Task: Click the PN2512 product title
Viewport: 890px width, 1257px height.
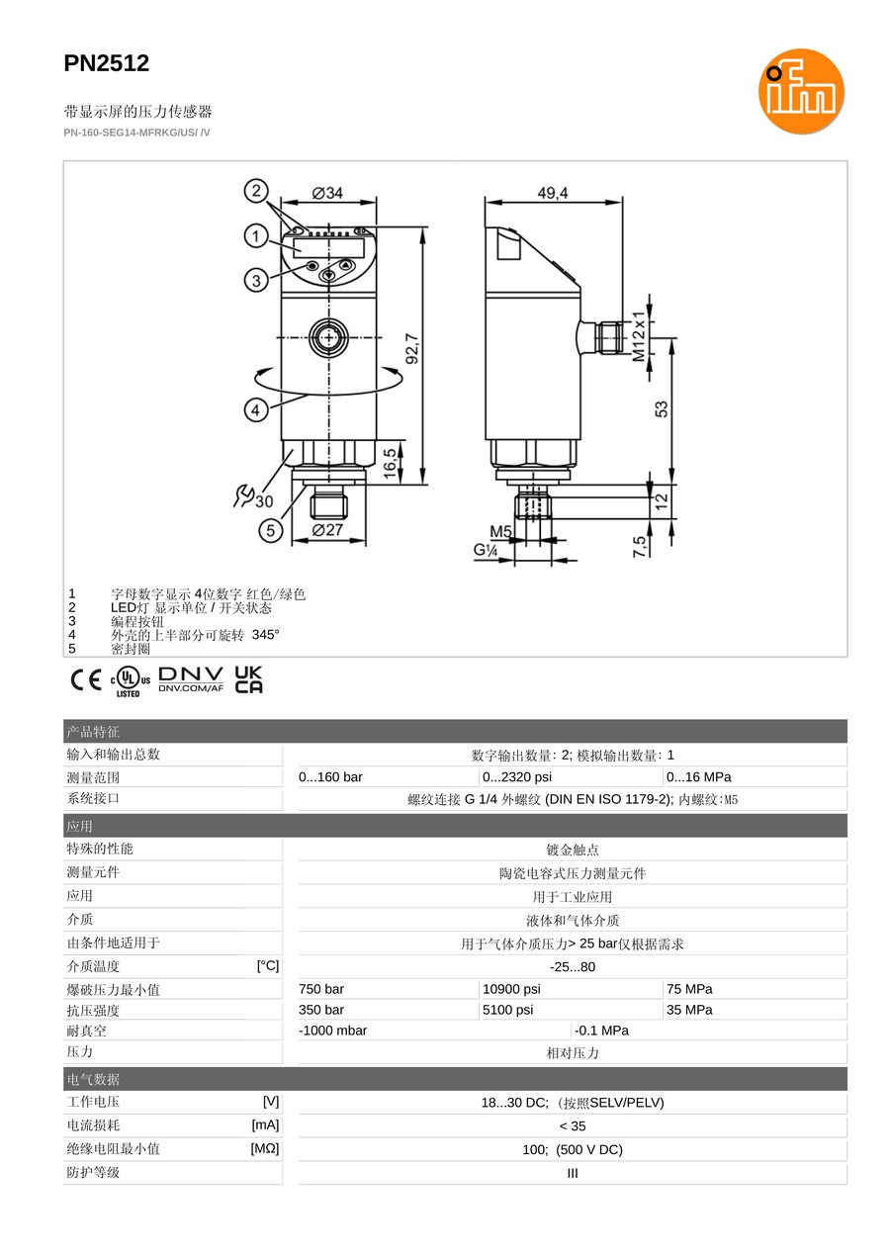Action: [107, 63]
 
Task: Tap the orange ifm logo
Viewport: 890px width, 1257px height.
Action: [801, 91]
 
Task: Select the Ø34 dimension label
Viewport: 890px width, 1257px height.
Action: [327, 193]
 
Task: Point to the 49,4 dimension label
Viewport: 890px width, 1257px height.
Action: [553, 193]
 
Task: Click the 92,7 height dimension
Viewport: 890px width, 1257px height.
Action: [412, 348]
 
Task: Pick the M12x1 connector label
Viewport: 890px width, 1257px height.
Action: [639, 336]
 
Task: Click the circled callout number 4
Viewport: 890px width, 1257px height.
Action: [256, 409]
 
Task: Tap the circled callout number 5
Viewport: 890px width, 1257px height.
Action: [271, 530]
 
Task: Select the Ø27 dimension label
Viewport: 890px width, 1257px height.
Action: [327, 530]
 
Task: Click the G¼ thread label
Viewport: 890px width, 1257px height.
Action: [486, 550]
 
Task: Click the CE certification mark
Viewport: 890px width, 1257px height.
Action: [86, 680]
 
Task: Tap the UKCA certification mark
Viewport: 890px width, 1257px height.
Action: [248, 679]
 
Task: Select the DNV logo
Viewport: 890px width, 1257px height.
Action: [191, 679]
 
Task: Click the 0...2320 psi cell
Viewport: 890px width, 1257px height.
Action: [517, 776]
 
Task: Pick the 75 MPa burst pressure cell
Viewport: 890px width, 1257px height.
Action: [689, 989]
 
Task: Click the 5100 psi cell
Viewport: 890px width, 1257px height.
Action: [508, 1010]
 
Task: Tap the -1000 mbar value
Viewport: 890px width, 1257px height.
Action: [333, 1031]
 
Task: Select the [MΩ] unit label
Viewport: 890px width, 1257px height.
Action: [265, 1148]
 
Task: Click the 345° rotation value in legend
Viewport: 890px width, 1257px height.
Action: [265, 635]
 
